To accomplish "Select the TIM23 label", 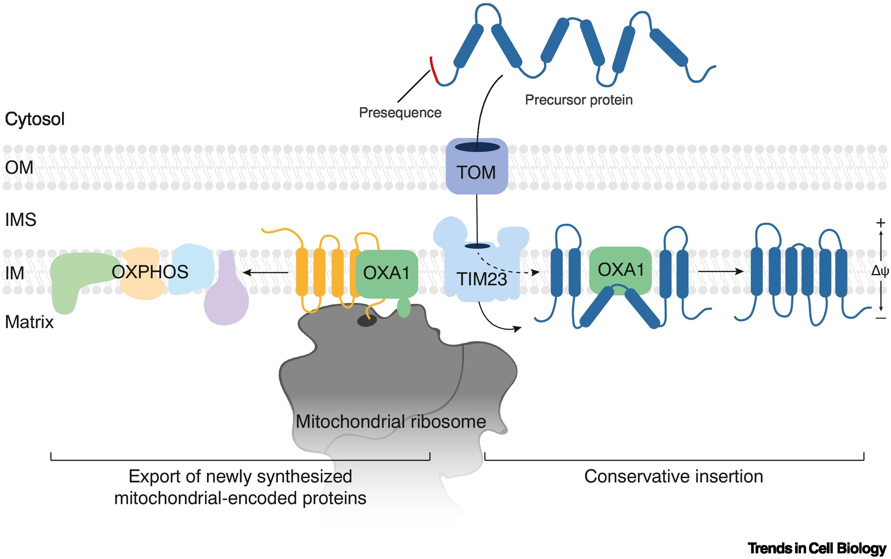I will coord(481,279).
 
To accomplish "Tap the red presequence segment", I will coord(433,69).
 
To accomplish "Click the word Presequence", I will coord(400,113).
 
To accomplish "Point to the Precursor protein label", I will coord(578,100).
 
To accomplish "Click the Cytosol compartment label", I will coord(35,119).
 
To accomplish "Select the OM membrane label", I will coord(19,167).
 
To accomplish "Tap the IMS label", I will coord(20,219).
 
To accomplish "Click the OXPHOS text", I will coord(150,272).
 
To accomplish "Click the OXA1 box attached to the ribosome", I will coord(386,273).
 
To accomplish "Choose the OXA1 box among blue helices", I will coord(620,270).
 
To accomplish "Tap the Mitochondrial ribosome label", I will coord(391,421).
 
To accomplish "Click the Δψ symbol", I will coord(880,271).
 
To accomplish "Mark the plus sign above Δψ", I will coord(881,223).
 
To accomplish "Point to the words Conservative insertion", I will coord(674,476).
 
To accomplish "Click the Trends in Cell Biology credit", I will coord(817,548).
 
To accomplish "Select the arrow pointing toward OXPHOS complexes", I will coord(265,273).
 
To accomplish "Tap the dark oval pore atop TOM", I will coord(477,147).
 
